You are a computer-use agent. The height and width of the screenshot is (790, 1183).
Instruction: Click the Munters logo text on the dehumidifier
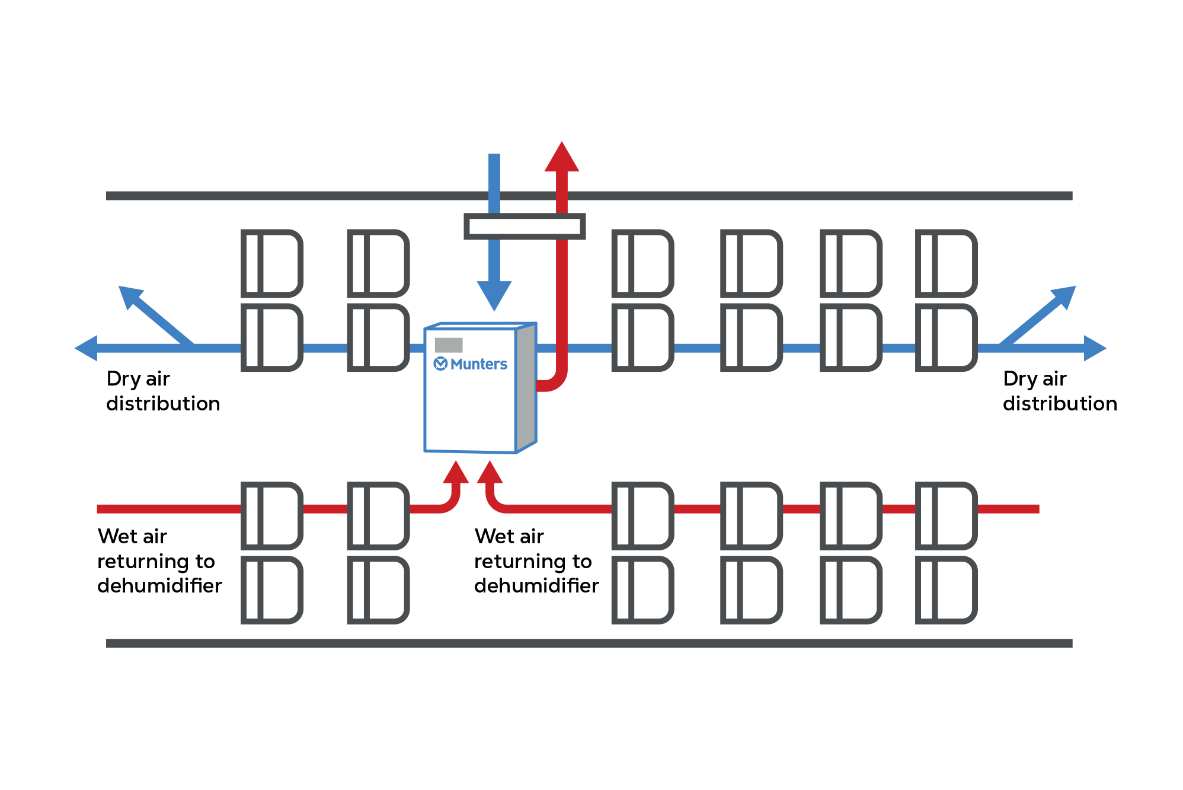click(478, 364)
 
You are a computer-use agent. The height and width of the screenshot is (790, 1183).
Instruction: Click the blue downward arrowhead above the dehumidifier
click(494, 295)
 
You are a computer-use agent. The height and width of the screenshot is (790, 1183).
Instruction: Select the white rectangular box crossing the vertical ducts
click(525, 227)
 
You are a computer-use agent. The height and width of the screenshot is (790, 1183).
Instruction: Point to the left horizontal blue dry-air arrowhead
click(87, 348)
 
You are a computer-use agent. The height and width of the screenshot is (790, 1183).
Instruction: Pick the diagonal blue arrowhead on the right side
click(1064, 296)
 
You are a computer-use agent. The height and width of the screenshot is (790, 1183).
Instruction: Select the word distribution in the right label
click(1060, 404)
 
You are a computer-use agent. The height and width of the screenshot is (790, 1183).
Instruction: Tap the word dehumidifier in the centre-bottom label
click(536, 586)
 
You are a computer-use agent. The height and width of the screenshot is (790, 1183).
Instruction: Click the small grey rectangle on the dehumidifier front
click(449, 345)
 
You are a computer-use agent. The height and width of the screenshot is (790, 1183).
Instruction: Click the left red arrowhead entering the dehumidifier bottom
click(456, 473)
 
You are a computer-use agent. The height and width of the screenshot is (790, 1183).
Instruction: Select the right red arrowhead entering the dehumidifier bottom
click(490, 473)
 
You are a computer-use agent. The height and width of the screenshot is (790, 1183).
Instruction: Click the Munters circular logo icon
click(440, 364)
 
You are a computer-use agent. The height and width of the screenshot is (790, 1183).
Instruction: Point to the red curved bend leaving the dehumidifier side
click(555, 383)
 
